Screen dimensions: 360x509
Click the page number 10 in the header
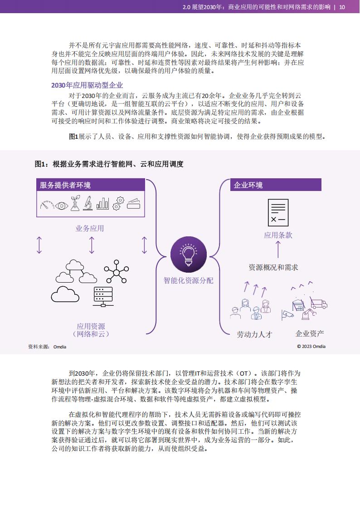(x=342, y=7)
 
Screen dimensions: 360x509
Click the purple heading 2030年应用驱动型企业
(x=87, y=85)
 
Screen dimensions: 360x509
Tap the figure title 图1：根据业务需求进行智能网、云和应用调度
(x=109, y=164)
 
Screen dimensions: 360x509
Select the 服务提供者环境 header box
(x=91, y=185)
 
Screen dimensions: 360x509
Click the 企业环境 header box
(x=276, y=185)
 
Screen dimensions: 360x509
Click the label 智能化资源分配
(x=189, y=280)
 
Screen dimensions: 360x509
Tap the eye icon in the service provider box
(x=61, y=206)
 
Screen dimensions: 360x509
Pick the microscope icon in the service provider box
(x=88, y=204)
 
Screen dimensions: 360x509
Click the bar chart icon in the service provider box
(x=102, y=204)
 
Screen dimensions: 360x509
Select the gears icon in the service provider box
(x=118, y=203)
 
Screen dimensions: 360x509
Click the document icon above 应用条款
(x=278, y=213)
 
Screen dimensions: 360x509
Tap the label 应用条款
(x=278, y=235)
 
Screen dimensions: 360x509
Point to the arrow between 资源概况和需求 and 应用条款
(x=278, y=250)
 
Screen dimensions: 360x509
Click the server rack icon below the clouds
(x=103, y=297)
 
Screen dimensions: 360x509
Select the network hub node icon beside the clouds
(x=117, y=271)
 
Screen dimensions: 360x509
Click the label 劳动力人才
(x=254, y=334)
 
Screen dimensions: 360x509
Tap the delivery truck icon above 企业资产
(x=319, y=303)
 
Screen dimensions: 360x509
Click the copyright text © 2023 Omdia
(x=311, y=347)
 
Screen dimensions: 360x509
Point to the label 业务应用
(x=90, y=228)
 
